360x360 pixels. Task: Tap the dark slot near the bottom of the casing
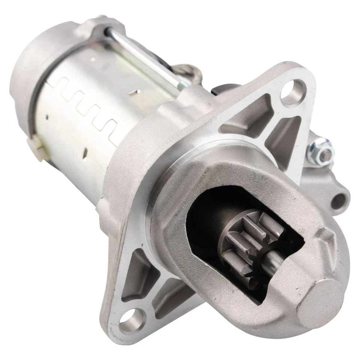pyautogui.click(x=85, y=153)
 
